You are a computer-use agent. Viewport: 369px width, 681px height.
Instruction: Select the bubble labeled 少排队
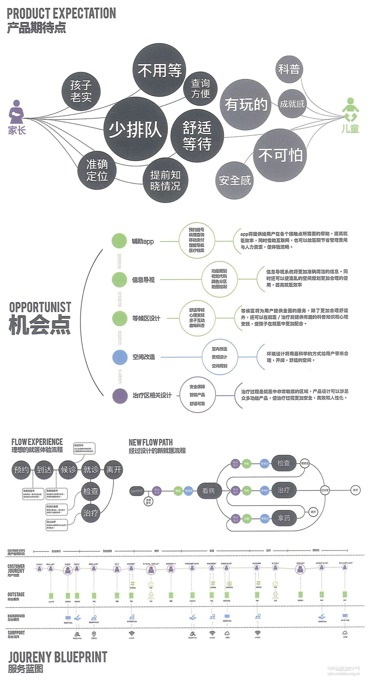pyautogui.click(x=136, y=129)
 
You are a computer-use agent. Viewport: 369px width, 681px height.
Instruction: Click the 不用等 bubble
pyautogui.click(x=159, y=70)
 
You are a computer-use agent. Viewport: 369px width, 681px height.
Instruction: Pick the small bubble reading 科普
pyautogui.click(x=289, y=69)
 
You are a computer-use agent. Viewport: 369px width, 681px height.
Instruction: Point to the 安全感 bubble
pyautogui.click(x=234, y=181)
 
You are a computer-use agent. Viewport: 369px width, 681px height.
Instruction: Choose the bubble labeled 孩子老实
pyautogui.click(x=81, y=91)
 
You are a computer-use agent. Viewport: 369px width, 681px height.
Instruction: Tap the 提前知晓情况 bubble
pyautogui.click(x=165, y=180)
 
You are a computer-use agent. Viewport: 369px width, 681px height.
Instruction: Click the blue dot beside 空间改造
pyautogui.click(x=120, y=357)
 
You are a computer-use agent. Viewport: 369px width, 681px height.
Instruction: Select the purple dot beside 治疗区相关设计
pyautogui.click(x=120, y=396)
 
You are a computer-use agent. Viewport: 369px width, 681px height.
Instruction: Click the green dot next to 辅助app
pyautogui.click(x=119, y=241)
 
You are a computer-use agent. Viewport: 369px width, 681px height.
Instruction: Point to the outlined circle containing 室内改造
pyautogui.click(x=219, y=357)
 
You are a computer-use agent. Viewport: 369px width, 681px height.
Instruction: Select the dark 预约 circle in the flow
pyautogui.click(x=21, y=470)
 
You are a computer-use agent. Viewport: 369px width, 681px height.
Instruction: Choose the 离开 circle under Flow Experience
pyautogui.click(x=114, y=470)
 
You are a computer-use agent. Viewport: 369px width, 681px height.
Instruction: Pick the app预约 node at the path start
pyautogui.click(x=137, y=491)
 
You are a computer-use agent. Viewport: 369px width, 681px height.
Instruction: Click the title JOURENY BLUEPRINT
pyautogui.click(x=58, y=657)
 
